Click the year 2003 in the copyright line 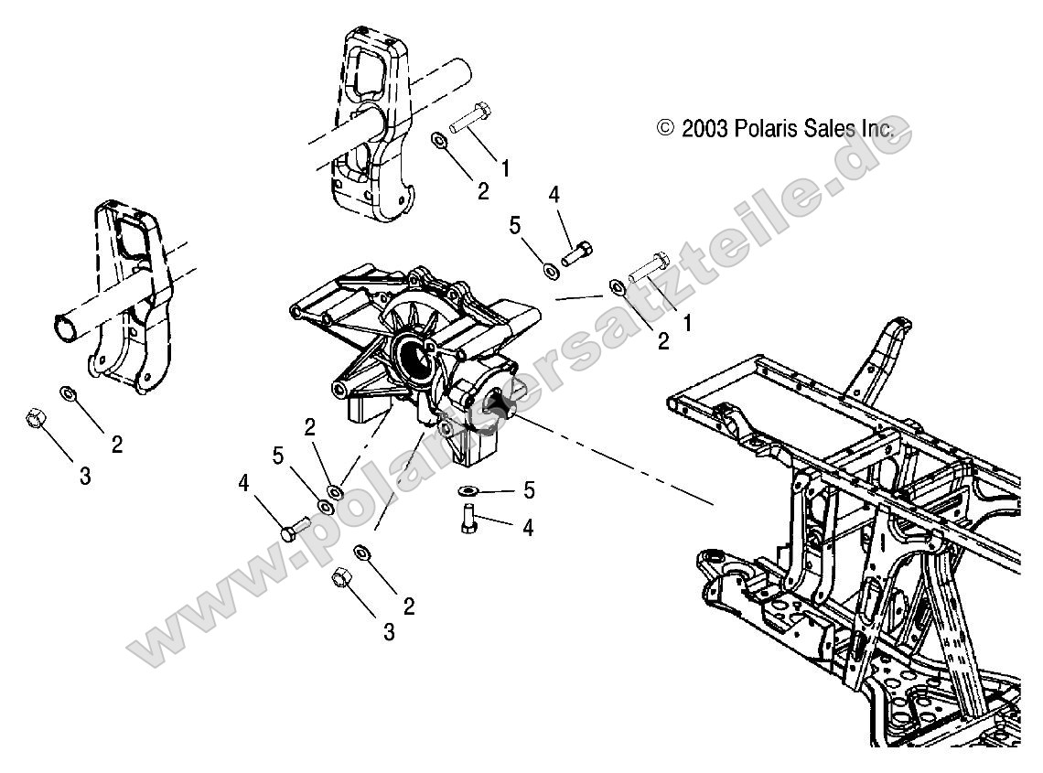click(x=704, y=129)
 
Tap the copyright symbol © click(x=666, y=129)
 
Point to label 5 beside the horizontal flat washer click(x=528, y=491)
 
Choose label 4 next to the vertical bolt click(x=528, y=528)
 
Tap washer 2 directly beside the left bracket click(x=68, y=394)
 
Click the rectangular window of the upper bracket click(x=370, y=74)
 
